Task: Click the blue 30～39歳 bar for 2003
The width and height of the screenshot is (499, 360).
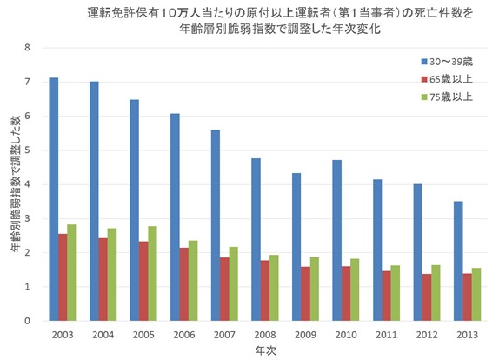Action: pyautogui.click(x=54, y=199)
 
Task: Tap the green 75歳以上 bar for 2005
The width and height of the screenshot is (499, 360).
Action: pyautogui.click(x=153, y=273)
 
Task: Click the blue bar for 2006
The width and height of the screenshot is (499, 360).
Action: pyautogui.click(x=176, y=217)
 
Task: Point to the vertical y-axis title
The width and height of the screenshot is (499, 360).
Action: pyautogui.click(x=12, y=183)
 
